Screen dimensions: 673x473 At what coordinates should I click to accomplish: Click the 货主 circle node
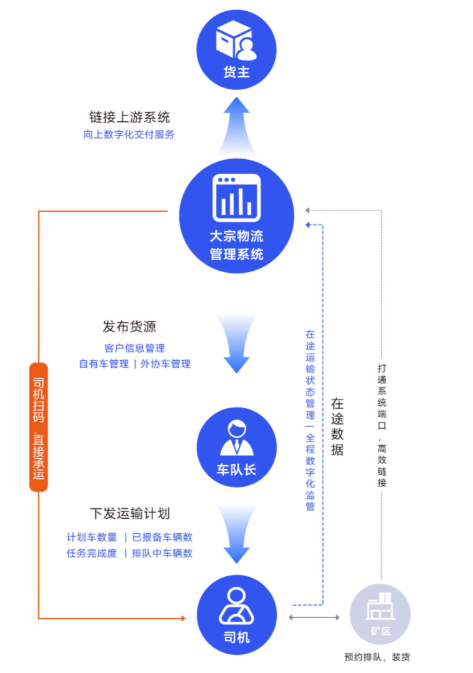point(236,50)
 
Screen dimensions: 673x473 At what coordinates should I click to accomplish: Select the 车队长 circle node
point(236,447)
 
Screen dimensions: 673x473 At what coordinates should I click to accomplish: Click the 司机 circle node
point(236,615)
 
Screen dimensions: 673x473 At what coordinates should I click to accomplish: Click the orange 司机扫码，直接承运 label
point(39,427)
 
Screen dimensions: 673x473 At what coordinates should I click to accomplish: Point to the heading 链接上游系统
point(129,117)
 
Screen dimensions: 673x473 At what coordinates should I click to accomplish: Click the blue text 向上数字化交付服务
point(129,134)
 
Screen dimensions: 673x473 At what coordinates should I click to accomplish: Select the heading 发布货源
point(129,327)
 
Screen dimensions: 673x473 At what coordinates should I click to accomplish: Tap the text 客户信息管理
point(134,348)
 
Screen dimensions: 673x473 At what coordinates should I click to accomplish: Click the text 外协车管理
point(166,364)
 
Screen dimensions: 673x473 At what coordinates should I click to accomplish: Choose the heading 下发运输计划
point(129,513)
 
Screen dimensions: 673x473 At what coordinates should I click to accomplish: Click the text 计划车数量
point(92,537)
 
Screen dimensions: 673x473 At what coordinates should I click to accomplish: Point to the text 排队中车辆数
point(162,553)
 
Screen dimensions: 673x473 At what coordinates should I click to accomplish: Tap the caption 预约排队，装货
point(377,657)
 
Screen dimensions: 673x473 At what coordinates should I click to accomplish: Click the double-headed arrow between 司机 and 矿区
point(314,617)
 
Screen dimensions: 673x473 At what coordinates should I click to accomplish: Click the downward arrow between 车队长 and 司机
point(236,534)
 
